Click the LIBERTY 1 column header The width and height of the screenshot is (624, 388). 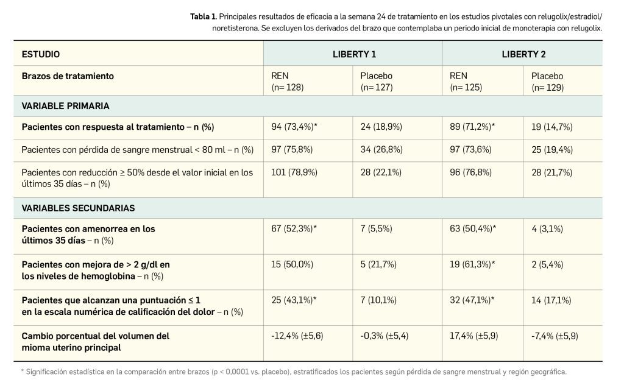click(x=353, y=54)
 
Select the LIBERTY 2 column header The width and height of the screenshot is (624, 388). click(x=523, y=54)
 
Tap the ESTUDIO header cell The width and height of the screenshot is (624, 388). click(x=41, y=54)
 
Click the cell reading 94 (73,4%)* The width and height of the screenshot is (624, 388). click(x=294, y=127)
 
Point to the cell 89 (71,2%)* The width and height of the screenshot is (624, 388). click(x=472, y=127)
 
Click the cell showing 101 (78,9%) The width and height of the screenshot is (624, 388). click(x=294, y=172)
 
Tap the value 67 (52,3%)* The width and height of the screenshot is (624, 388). click(x=294, y=229)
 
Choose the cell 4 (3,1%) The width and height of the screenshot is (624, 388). click(x=547, y=229)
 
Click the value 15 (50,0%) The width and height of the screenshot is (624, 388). click(x=292, y=264)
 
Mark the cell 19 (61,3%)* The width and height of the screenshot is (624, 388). click(x=472, y=264)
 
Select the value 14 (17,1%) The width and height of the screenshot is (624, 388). click(x=551, y=300)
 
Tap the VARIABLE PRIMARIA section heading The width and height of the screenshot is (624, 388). click(x=66, y=106)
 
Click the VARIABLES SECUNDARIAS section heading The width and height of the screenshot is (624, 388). click(x=78, y=208)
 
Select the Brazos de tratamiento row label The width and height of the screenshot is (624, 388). click(x=68, y=76)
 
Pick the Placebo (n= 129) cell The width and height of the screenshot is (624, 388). click(x=547, y=82)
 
